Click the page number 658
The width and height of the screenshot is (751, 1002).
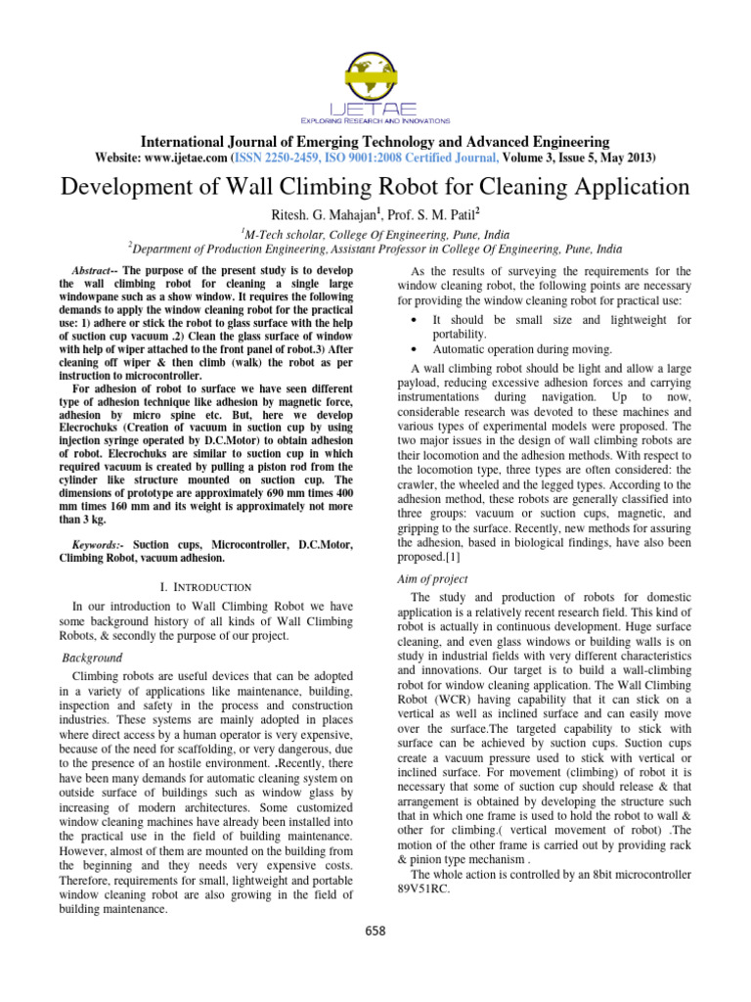[375, 930]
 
